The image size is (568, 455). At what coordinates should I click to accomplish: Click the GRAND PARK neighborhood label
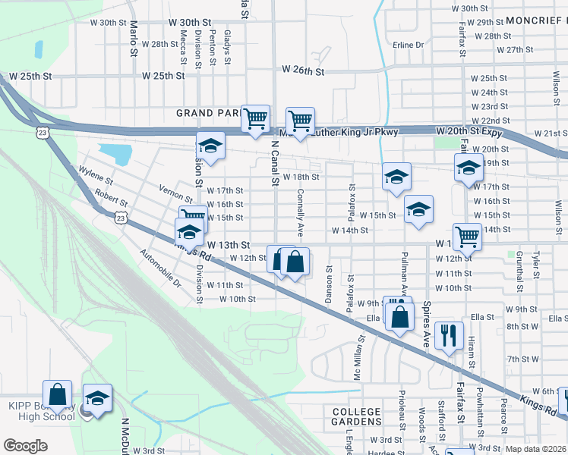tap(205, 113)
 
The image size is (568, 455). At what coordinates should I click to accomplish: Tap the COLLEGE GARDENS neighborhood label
tap(356, 416)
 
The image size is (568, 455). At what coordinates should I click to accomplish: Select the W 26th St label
tap(303, 70)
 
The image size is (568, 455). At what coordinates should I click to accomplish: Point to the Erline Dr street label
tap(409, 45)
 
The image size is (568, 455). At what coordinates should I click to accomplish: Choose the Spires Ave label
tap(427, 326)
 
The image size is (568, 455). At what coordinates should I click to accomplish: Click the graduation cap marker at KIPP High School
tap(97, 399)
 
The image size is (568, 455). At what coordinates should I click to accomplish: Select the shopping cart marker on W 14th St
tap(466, 236)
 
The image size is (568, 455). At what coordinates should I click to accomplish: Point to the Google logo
tap(25, 446)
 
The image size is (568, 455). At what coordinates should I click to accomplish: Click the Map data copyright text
tap(534, 449)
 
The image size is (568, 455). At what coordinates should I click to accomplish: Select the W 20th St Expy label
tap(469, 132)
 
